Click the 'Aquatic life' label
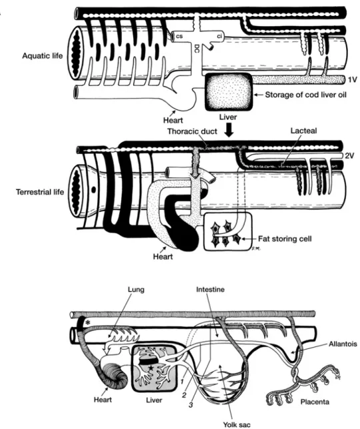(x=43, y=56)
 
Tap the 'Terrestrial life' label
(x=40, y=191)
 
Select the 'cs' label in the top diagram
(x=179, y=36)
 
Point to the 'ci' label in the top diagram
(x=219, y=36)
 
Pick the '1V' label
(x=353, y=79)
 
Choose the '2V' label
(x=349, y=155)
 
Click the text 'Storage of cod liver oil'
(x=305, y=95)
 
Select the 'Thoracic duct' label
(x=192, y=131)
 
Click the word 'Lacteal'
(x=304, y=131)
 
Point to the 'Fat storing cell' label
(x=285, y=239)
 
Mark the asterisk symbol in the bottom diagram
(x=88, y=322)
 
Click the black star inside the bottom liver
(x=151, y=368)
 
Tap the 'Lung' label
(x=136, y=290)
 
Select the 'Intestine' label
(x=210, y=289)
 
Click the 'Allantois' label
(x=343, y=344)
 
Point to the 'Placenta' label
(x=315, y=402)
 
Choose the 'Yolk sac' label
(x=237, y=424)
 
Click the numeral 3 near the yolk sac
(x=191, y=405)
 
